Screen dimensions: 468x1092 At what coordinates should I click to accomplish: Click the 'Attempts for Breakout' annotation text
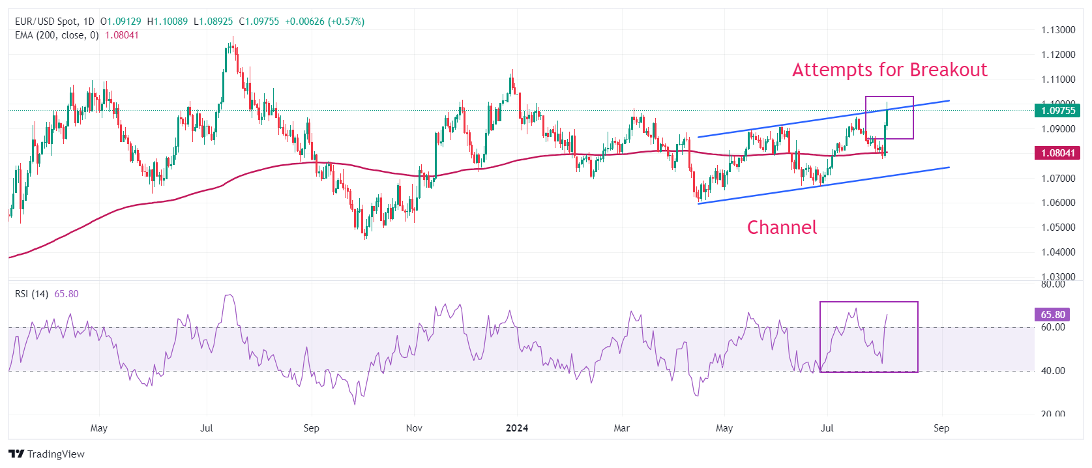[889, 70]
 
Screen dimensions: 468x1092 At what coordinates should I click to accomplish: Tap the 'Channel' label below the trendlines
[782, 227]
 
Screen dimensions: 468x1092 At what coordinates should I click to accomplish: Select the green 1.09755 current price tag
[1057, 111]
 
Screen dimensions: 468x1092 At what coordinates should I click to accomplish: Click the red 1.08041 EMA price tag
[1057, 153]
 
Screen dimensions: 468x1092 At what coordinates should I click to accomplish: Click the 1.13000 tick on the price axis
[1058, 30]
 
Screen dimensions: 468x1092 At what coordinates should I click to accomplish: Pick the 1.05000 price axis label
[1058, 227]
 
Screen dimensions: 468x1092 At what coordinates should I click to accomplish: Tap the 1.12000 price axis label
[1058, 55]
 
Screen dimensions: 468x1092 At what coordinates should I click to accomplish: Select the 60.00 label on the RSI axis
[1053, 327]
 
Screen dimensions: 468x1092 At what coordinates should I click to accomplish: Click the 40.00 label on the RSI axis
[1053, 371]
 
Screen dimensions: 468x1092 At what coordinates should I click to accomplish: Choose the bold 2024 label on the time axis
[517, 428]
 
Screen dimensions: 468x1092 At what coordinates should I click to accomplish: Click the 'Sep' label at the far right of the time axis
[941, 428]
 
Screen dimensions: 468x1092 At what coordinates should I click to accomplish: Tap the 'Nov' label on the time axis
[414, 428]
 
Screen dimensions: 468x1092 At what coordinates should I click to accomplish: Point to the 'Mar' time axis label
[621, 428]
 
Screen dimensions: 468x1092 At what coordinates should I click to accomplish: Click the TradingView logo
[47, 454]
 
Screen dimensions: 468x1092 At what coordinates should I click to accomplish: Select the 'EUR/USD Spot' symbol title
[47, 22]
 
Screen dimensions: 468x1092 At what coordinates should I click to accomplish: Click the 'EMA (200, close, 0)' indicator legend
[57, 35]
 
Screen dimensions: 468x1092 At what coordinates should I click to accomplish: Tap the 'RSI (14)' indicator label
[31, 294]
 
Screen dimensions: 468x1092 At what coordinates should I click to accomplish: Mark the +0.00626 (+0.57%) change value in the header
[325, 22]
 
